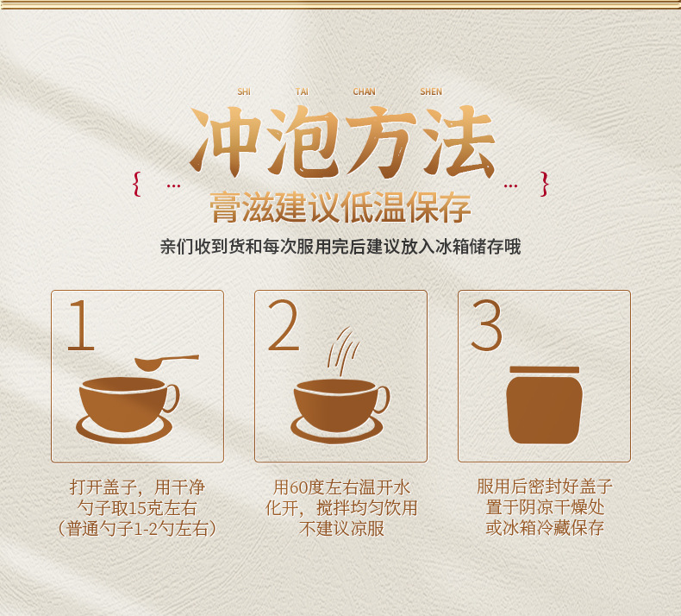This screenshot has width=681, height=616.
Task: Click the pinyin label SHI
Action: (x=244, y=91)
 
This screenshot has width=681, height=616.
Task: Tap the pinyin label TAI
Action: (x=302, y=91)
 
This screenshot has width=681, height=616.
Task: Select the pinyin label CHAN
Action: (x=364, y=91)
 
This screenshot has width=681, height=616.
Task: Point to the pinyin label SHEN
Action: (x=431, y=91)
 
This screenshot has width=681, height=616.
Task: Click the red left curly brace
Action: (x=137, y=184)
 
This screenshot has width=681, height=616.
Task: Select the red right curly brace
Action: (x=544, y=184)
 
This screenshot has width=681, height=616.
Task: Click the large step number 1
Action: (x=81, y=324)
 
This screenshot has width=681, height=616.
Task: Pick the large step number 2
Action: (x=284, y=324)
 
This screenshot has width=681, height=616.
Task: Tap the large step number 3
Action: (x=487, y=324)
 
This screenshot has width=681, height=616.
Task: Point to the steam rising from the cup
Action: (x=343, y=351)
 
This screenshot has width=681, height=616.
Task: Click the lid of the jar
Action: (x=544, y=370)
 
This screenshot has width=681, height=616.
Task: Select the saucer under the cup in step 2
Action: (x=336, y=432)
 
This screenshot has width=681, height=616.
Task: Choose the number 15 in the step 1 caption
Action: (x=137, y=508)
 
